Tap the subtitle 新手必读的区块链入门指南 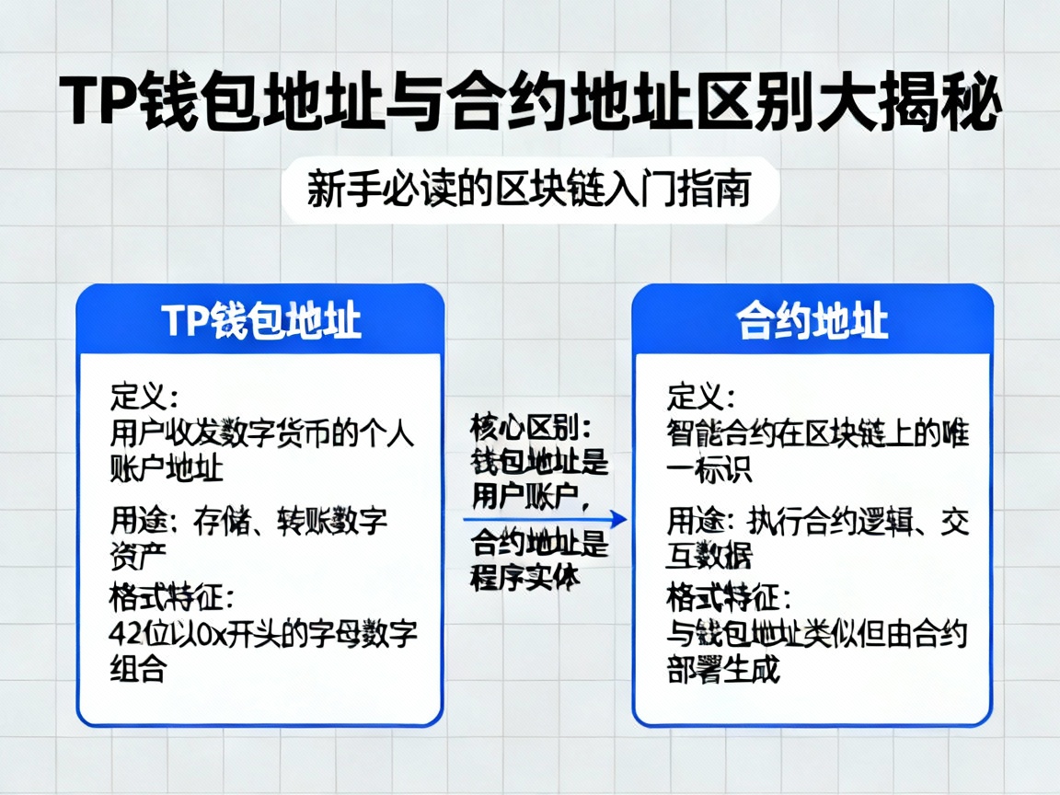click(530, 190)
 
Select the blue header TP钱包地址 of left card click(260, 321)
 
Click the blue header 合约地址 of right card click(812, 321)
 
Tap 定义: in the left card click(144, 398)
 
